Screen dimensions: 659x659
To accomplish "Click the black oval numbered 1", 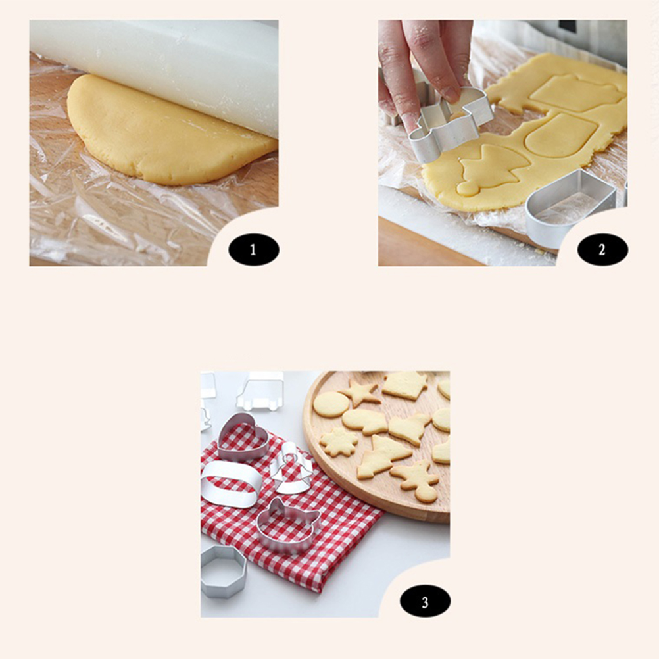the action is pos(253,250).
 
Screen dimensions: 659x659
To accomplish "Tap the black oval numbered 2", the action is pos(602,250).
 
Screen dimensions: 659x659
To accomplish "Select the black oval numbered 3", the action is pos(425,601).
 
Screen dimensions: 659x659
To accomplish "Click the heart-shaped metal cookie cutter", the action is pos(243,437).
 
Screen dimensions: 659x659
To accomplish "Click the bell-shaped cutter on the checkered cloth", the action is pos(291,469).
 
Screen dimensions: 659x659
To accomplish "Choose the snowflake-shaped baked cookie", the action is pos(339,442).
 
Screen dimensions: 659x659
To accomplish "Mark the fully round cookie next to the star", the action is pos(331,404).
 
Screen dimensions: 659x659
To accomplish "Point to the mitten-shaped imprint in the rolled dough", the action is pos(561,134).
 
